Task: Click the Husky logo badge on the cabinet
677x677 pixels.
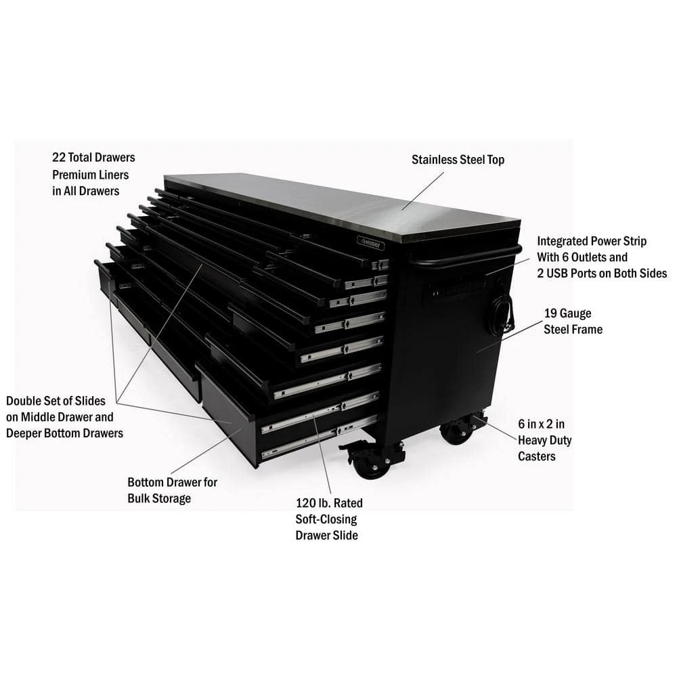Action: (x=370, y=243)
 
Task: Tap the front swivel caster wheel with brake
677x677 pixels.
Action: (x=368, y=466)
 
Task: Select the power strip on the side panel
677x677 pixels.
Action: (x=458, y=288)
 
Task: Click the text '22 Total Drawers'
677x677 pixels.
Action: (x=93, y=158)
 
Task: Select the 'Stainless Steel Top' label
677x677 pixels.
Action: (x=458, y=160)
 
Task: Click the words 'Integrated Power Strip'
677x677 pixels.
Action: (x=592, y=241)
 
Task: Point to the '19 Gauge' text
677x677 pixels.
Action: (x=567, y=313)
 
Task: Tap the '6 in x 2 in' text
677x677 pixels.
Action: (x=542, y=424)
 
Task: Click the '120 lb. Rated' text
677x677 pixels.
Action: (x=329, y=503)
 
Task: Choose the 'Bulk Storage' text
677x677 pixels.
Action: (x=159, y=498)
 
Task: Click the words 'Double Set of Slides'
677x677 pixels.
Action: (x=56, y=401)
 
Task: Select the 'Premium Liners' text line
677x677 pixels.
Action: (x=91, y=175)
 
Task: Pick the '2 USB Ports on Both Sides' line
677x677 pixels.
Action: (x=602, y=274)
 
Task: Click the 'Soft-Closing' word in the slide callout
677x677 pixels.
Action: (x=326, y=519)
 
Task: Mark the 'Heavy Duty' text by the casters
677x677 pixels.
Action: (x=544, y=441)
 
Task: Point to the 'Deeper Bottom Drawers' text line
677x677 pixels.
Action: (x=64, y=433)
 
